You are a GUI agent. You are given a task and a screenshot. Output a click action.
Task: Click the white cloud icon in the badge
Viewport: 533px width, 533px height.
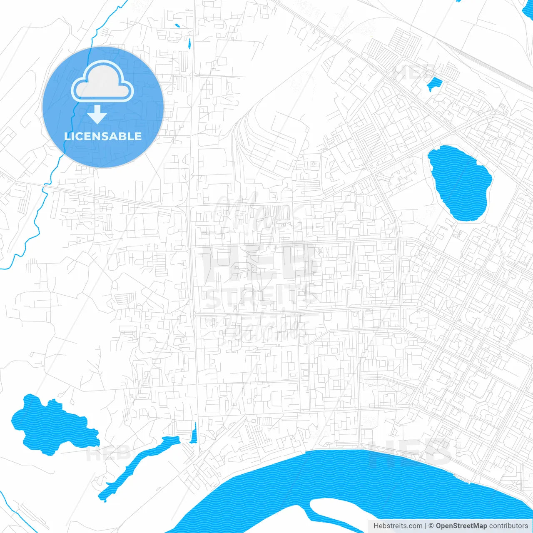click(x=102, y=82)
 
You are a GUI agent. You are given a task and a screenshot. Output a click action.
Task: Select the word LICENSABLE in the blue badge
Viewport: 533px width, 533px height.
click(x=103, y=136)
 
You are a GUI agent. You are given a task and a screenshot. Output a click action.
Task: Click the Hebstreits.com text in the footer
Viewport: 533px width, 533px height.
click(x=398, y=526)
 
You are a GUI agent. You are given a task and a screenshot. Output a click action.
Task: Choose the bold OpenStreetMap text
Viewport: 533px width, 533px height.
click(x=461, y=526)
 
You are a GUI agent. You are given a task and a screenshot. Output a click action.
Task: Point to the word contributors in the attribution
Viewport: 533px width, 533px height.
click(x=508, y=526)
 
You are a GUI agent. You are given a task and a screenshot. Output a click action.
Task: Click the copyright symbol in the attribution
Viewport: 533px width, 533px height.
click(x=431, y=526)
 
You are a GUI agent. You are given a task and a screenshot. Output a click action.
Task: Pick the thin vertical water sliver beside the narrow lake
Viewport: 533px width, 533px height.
click(x=194, y=433)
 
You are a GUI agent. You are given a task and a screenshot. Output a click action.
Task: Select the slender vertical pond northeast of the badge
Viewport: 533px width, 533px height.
click(x=189, y=43)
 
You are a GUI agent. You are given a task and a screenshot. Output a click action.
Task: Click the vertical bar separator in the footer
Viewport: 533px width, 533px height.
click(x=426, y=526)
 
